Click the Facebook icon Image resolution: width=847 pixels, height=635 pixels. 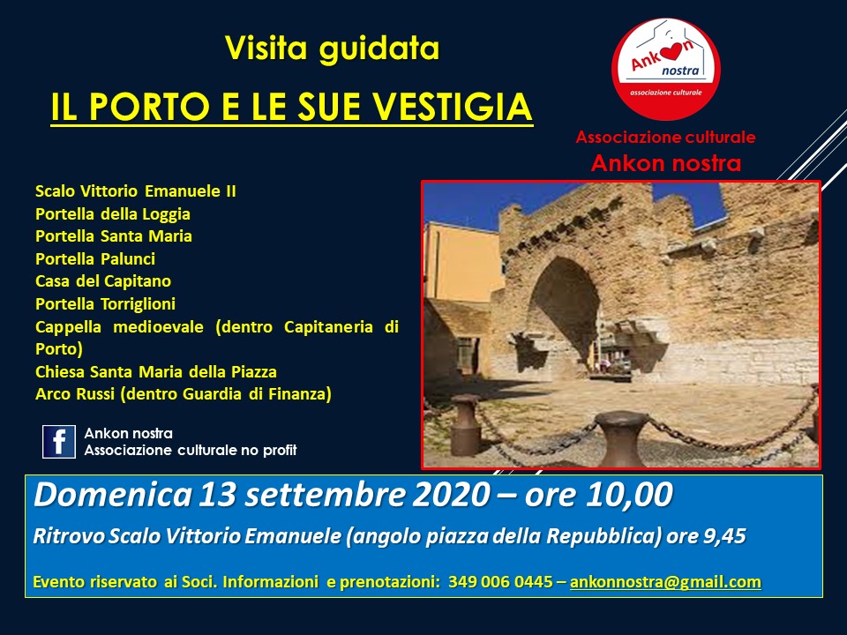59,442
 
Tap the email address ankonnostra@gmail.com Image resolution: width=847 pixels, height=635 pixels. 665,581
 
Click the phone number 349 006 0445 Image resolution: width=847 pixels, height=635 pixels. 500,581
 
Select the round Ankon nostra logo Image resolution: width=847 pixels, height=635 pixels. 665,69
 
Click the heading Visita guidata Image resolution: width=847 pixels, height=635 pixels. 333,48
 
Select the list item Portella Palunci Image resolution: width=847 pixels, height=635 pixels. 95,259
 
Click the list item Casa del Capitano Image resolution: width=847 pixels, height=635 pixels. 103,281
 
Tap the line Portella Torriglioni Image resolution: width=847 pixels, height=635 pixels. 105,304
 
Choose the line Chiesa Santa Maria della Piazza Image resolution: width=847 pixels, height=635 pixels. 156,371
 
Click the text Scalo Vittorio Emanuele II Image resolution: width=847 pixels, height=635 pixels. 136,191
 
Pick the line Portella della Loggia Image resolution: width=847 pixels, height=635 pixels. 113,214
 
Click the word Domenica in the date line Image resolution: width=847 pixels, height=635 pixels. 113,494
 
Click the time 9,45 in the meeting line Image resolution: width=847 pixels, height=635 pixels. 724,536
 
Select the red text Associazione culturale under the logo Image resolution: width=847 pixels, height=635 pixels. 665,138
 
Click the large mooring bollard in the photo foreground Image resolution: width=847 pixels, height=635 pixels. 621,438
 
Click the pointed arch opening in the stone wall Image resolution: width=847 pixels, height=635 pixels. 565,313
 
